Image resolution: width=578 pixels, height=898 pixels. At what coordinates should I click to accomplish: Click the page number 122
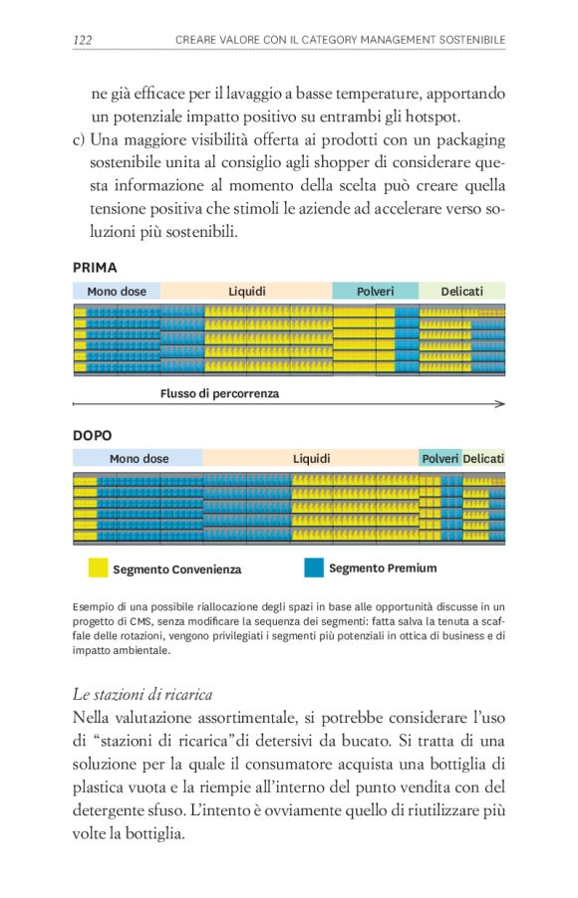pos(84,40)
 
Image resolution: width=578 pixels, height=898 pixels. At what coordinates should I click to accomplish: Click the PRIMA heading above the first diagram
pos(95,268)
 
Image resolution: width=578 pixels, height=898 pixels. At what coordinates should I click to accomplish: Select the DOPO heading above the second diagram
pos(93,436)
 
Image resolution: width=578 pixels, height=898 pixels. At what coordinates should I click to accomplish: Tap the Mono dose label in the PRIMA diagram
pos(117,292)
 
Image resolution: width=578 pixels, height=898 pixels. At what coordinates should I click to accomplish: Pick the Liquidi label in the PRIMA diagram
pos(247,292)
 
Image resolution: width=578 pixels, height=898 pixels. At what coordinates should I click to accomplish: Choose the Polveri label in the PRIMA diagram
pos(375,292)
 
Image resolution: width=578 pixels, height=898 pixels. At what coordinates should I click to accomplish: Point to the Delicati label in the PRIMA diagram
pos(461,292)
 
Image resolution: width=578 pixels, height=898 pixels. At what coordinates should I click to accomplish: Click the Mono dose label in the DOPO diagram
pos(140,459)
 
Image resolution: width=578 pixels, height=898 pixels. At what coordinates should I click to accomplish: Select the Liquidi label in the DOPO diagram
pos(311,459)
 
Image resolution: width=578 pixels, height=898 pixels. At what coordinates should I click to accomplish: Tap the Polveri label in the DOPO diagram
pos(440,459)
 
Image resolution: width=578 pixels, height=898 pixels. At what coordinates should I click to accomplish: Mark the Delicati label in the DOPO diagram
pos(483,459)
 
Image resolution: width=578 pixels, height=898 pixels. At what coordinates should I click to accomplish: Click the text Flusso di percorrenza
pos(220,394)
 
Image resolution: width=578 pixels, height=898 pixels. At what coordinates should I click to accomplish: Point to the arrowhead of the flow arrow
pos(500,404)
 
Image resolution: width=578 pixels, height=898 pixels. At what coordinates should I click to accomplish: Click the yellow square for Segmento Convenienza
pos(98,568)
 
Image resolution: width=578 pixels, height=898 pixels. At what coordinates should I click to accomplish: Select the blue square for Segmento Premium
pos(314,567)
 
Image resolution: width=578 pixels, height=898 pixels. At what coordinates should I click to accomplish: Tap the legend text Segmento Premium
pos(383,568)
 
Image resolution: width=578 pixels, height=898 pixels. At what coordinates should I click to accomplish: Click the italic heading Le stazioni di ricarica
pos(142,694)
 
